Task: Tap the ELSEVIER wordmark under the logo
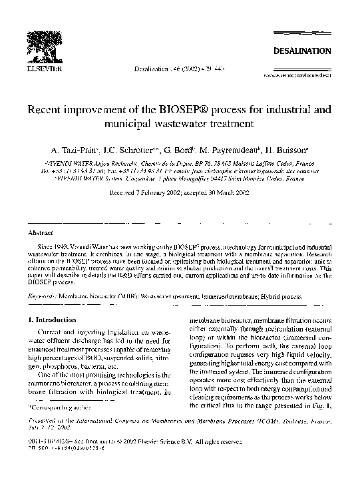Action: (41, 68)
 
